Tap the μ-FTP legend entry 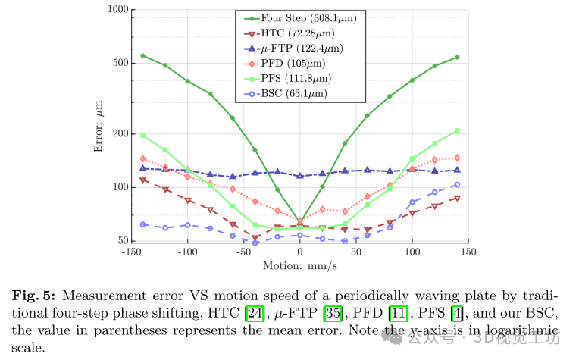click(x=292, y=48)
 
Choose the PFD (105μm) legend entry click(x=287, y=63)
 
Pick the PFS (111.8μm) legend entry click(x=292, y=78)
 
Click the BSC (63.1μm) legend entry click(x=288, y=93)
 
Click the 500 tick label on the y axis click(x=120, y=63)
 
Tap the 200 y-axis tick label click(x=120, y=134)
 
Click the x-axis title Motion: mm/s click(x=299, y=266)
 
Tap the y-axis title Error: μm click(x=98, y=127)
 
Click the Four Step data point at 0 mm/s click(x=300, y=221)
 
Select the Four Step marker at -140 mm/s click(x=142, y=56)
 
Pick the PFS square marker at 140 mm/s click(x=457, y=131)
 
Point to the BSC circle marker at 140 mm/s click(x=457, y=185)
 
